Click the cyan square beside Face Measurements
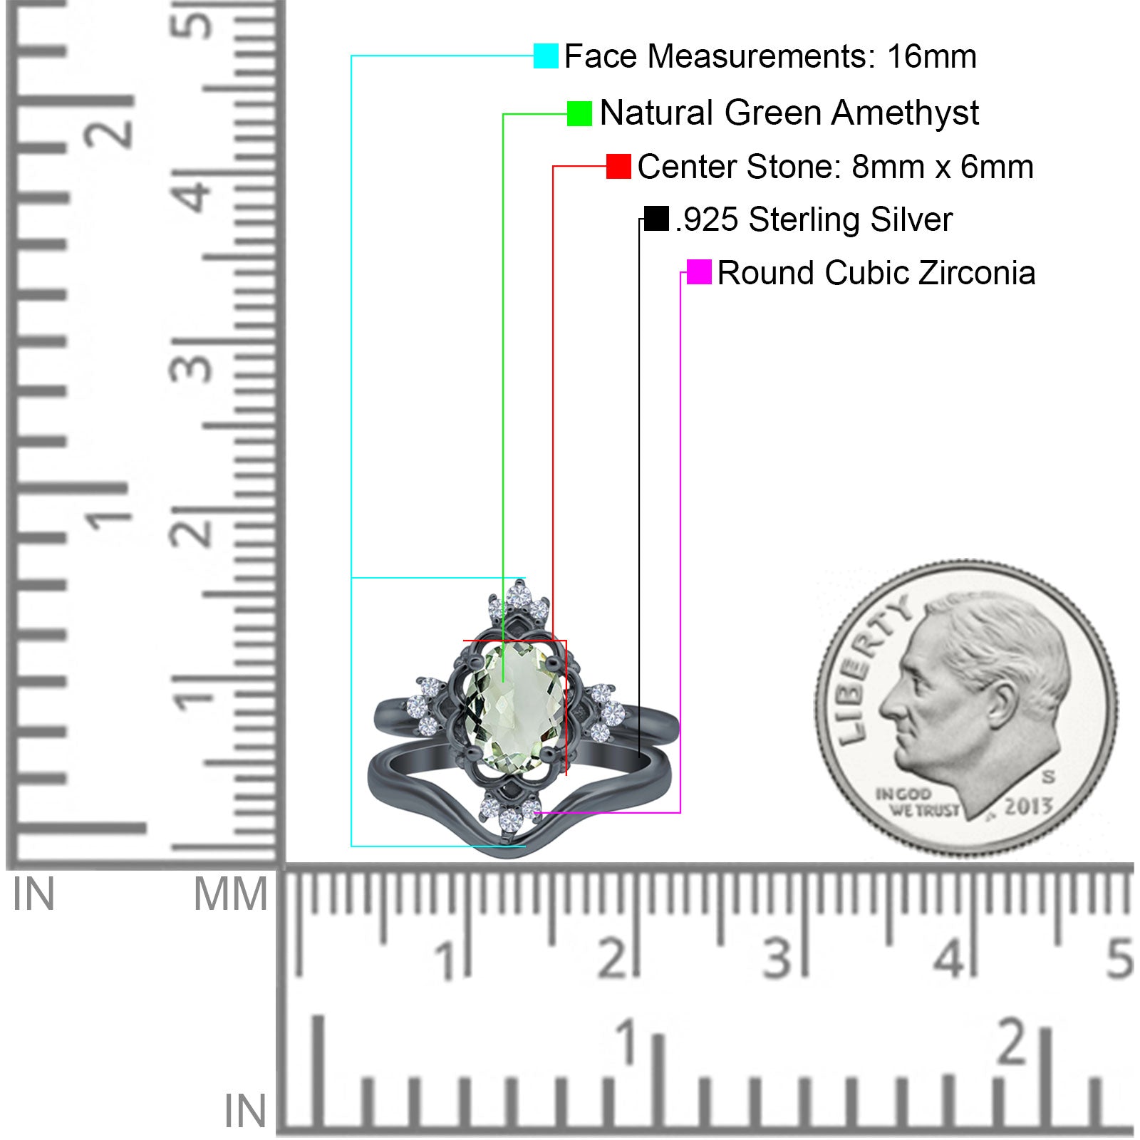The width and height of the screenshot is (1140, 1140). click(546, 56)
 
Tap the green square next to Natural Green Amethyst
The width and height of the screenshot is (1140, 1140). click(579, 113)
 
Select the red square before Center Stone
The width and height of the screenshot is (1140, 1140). click(618, 167)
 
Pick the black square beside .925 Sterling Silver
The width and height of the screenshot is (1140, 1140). click(656, 219)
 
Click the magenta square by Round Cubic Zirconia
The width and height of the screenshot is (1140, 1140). click(699, 272)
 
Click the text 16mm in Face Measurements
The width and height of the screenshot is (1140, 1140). click(932, 56)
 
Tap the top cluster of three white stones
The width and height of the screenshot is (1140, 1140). click(519, 602)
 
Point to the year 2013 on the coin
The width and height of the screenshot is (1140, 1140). click(1029, 805)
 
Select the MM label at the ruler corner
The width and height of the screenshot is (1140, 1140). click(231, 895)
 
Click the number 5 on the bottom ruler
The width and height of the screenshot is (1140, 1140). click(1119, 958)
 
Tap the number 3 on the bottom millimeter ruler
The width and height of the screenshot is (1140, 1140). click(777, 958)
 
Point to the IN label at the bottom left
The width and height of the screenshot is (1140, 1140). click(246, 1111)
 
